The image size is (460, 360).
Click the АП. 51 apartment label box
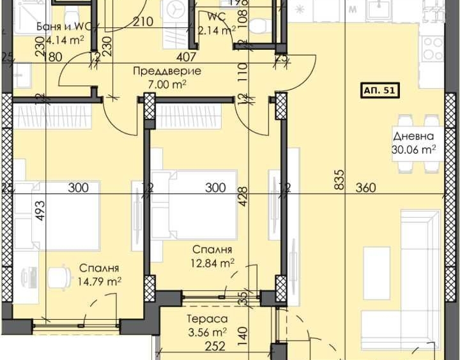[x=380, y=91]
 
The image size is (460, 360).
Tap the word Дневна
[x=413, y=137]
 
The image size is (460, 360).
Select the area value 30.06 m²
[x=414, y=150]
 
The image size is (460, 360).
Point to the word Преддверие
[x=167, y=71]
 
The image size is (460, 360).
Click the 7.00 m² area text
[x=167, y=84]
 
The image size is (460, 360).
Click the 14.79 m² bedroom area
[x=100, y=281]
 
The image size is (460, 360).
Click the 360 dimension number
[x=366, y=188]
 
